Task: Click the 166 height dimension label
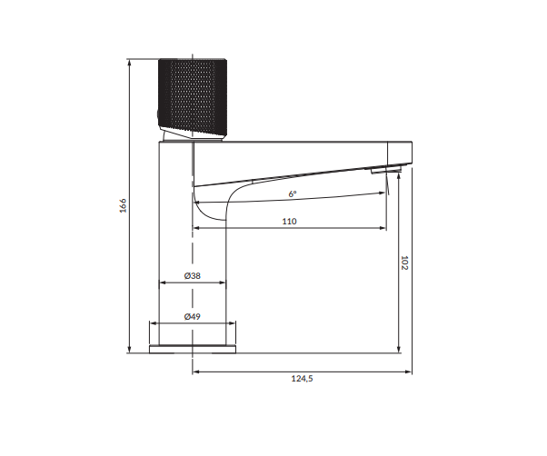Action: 124,205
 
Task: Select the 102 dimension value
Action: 404,263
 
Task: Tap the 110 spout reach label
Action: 289,222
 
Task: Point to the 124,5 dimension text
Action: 302,378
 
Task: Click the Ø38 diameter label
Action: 193,276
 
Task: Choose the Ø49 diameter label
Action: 193,316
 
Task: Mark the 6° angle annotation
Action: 293,193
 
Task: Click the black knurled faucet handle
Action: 193,97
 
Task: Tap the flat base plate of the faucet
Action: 193,350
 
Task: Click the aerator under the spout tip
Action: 385,170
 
